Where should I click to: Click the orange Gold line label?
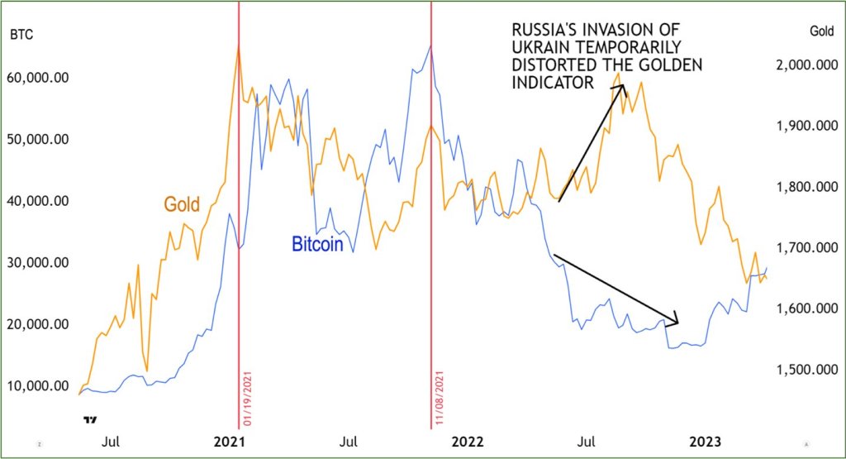[182, 203]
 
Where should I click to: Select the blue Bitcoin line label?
[316, 245]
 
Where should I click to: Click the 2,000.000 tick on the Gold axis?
[804, 65]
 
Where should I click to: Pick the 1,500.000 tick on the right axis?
[804, 370]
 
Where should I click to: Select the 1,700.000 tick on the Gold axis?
[804, 247]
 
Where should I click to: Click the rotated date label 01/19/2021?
[246, 400]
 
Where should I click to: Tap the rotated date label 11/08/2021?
[439, 400]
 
